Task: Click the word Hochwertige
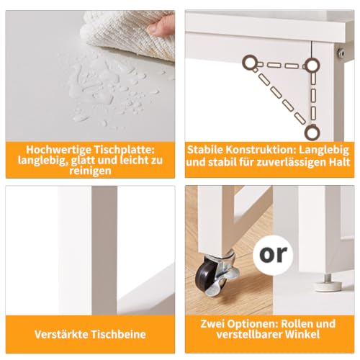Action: (58, 150)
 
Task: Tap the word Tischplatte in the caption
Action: (124, 150)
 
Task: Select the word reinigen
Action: (90, 171)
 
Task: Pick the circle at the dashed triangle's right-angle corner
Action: (312, 65)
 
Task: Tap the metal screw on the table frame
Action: (341, 53)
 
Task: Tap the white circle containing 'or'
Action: (273, 255)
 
